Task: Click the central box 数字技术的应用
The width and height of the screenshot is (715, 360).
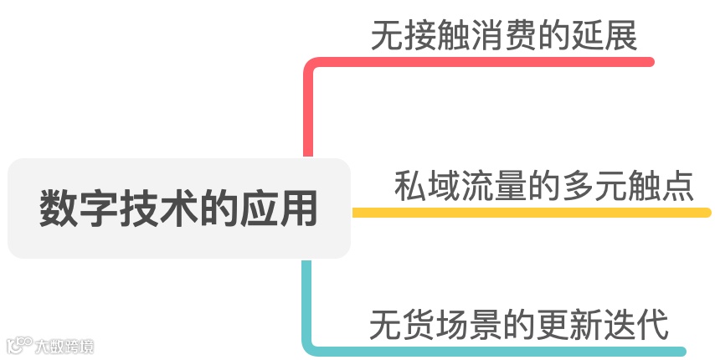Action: pos(178,208)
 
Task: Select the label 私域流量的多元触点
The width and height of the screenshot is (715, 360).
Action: pos(544,185)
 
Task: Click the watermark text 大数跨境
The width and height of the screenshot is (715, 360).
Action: pos(64,345)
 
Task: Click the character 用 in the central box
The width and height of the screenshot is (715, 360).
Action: pos(299,208)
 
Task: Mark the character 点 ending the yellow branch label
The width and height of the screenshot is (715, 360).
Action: pos(677,185)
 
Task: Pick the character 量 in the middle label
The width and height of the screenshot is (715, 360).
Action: pos(511,185)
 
